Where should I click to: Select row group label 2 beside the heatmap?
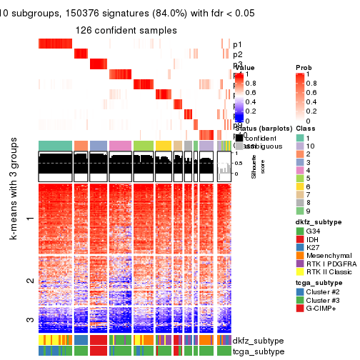[x=30, y=281]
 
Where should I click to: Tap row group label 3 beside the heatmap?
[x=30, y=319]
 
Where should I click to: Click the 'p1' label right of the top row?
[x=237, y=44]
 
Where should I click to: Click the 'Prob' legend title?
[x=303, y=67]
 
